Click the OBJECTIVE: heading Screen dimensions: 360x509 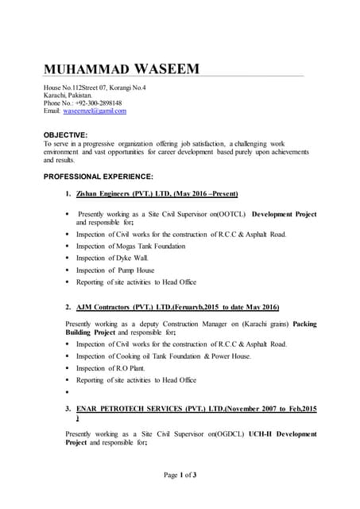pos(65,135)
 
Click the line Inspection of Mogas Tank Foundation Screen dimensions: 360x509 pos(130,247)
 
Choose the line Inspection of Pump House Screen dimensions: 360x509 pos(116,270)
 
